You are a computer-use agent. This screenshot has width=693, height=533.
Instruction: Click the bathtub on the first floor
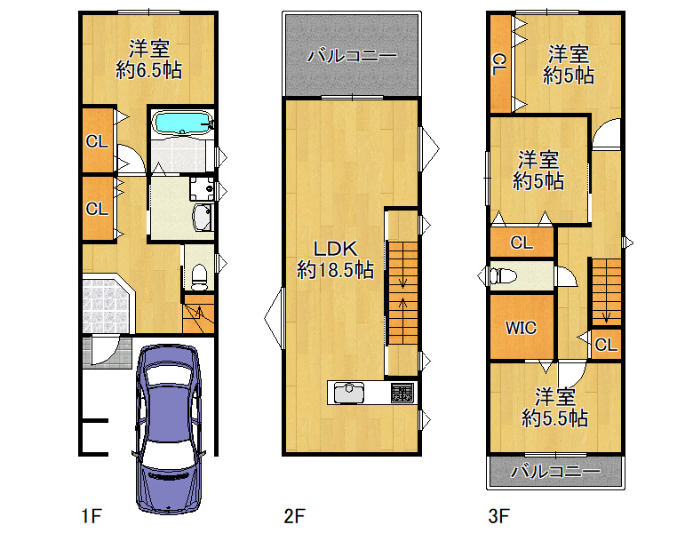tap(182, 122)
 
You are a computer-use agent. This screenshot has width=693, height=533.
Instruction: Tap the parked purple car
tap(169, 429)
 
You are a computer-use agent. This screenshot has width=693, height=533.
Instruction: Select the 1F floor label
tap(92, 516)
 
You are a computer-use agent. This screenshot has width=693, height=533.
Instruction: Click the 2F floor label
tap(295, 516)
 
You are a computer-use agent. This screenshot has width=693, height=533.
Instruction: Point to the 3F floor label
tap(499, 516)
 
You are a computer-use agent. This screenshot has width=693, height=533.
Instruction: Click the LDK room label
tap(336, 249)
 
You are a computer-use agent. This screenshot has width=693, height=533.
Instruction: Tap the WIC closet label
tap(521, 328)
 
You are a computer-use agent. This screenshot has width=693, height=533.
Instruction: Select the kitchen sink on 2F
tap(349, 393)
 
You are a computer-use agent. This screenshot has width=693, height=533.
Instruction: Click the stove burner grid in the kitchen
tap(402, 393)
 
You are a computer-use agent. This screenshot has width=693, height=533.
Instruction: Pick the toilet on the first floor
tap(199, 277)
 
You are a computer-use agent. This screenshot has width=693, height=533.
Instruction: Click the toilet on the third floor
tap(503, 276)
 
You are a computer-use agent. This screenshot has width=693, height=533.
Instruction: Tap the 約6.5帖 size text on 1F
tap(149, 70)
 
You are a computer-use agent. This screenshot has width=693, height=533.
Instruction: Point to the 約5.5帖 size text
tap(554, 418)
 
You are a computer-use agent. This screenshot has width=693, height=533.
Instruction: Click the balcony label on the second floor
tap(352, 56)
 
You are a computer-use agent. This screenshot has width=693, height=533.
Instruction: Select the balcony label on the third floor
tap(555, 471)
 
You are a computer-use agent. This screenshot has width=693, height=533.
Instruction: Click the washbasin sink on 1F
tap(202, 217)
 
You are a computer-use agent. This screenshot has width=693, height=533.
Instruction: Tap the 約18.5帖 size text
tap(336, 269)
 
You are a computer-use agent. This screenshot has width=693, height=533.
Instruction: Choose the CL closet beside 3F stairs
tap(606, 345)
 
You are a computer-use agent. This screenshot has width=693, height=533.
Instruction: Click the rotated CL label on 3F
tap(499, 65)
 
